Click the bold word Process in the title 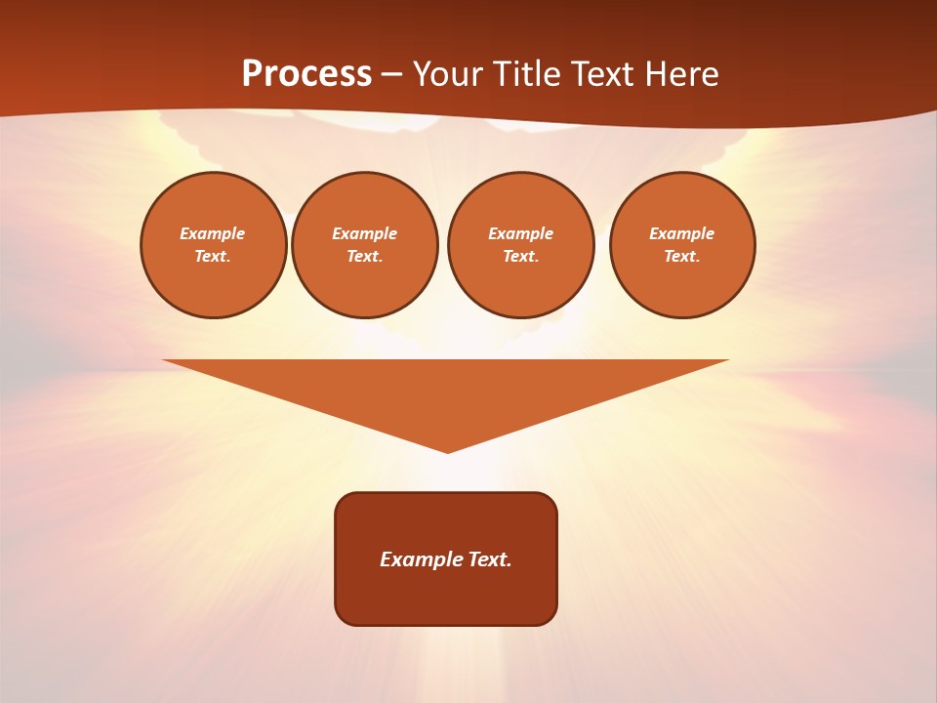306,74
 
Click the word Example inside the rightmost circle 681,233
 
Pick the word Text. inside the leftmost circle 212,257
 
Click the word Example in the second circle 364,233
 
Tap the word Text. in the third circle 520,257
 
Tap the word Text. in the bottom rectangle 491,559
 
